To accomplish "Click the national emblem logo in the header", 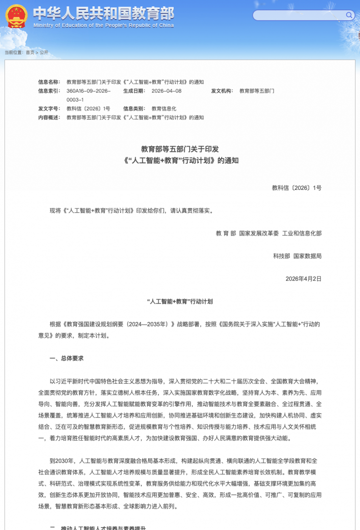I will [17, 16].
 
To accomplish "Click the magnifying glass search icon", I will [349, 15].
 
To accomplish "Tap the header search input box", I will [299, 15].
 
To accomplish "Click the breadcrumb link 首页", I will [30, 52].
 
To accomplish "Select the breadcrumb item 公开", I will [44, 52].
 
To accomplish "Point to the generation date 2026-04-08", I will [166, 91].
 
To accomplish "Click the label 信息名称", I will [49, 82].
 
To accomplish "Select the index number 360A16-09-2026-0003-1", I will [88, 95].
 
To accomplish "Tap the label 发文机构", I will [222, 91].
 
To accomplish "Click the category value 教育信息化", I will [164, 108].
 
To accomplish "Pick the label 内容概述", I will [49, 117].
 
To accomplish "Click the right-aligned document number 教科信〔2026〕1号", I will [296, 187].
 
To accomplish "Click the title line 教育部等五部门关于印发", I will [180, 149].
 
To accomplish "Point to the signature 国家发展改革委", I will [259, 233].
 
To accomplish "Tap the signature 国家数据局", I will [308, 256].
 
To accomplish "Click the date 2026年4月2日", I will [303, 278].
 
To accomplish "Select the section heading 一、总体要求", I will [67, 358].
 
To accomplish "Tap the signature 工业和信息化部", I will [302, 233].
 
